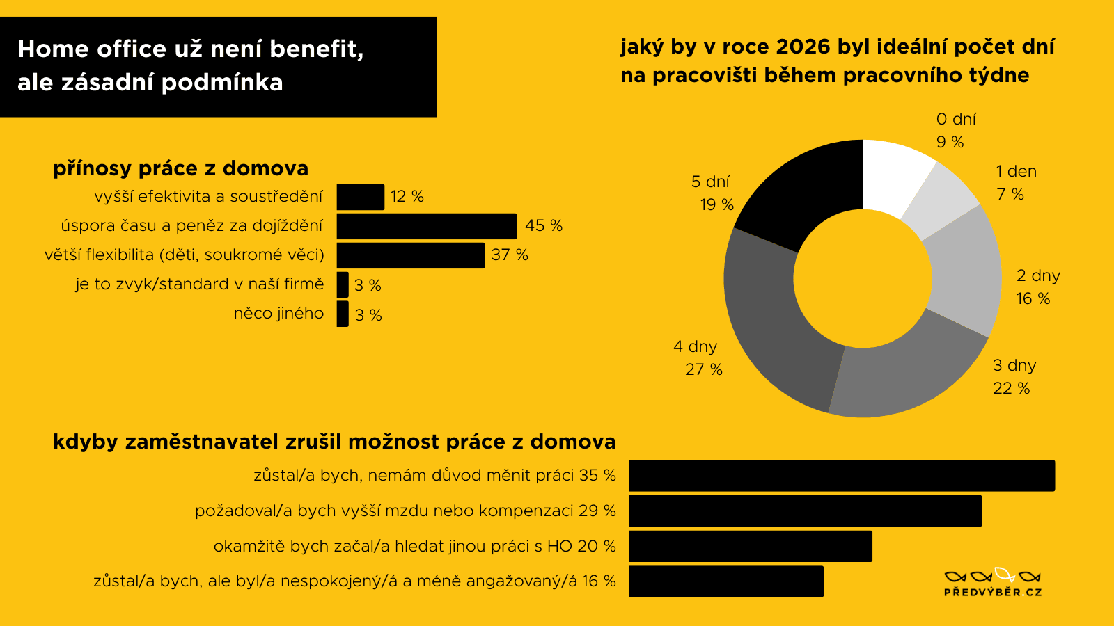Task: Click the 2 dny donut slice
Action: [x=964, y=271]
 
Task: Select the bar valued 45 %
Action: [x=426, y=226]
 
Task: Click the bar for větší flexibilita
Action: [x=410, y=255]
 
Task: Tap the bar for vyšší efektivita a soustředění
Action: [x=360, y=197]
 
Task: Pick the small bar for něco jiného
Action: [x=342, y=314]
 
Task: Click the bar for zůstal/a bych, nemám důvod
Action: [x=841, y=476]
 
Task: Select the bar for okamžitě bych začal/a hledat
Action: [x=750, y=546]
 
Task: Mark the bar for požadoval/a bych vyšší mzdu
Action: [x=805, y=511]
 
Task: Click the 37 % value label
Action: [x=510, y=255]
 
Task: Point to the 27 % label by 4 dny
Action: [x=703, y=369]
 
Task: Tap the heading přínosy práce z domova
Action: [x=180, y=168]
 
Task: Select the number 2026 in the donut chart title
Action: [x=803, y=47]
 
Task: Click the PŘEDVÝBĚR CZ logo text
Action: [x=993, y=592]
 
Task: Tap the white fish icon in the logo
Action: [x=1005, y=575]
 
